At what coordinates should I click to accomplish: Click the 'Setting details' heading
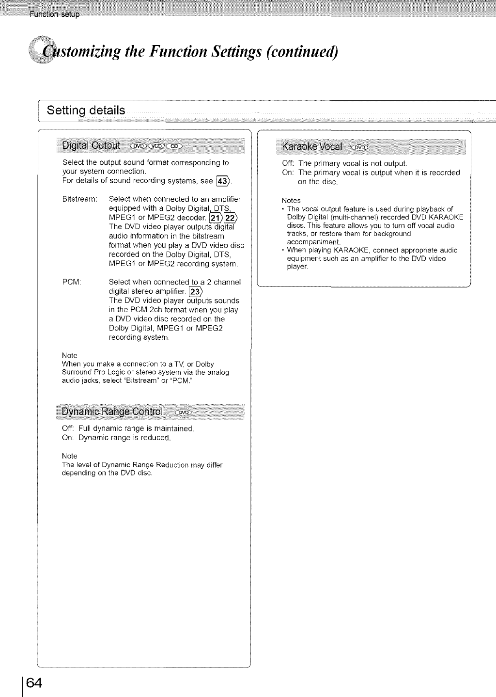tap(86, 111)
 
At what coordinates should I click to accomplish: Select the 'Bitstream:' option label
tap(80, 199)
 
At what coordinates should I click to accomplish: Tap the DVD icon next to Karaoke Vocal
tap(361, 147)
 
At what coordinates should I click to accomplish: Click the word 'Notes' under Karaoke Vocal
tap(291, 201)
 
